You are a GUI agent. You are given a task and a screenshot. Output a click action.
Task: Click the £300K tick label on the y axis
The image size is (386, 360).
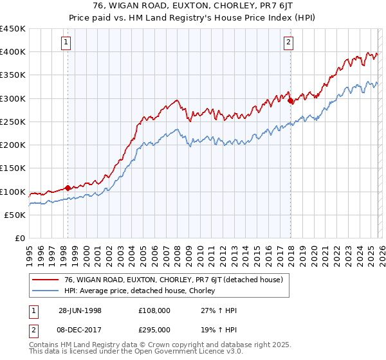13,98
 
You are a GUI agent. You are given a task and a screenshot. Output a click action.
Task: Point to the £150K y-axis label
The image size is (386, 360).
13,168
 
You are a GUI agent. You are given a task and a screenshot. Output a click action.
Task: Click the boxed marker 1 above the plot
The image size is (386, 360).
68,43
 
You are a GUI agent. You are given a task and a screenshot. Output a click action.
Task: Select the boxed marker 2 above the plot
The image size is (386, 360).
289,43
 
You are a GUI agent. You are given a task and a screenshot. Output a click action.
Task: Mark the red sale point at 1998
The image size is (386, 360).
68,188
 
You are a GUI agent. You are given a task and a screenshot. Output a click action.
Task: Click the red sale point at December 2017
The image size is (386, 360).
291,101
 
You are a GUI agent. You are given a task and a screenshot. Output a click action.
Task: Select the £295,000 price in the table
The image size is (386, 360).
154,328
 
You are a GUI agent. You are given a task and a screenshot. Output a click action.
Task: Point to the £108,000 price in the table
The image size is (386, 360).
154,310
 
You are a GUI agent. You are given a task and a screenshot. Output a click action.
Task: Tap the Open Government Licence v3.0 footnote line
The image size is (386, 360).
121,353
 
